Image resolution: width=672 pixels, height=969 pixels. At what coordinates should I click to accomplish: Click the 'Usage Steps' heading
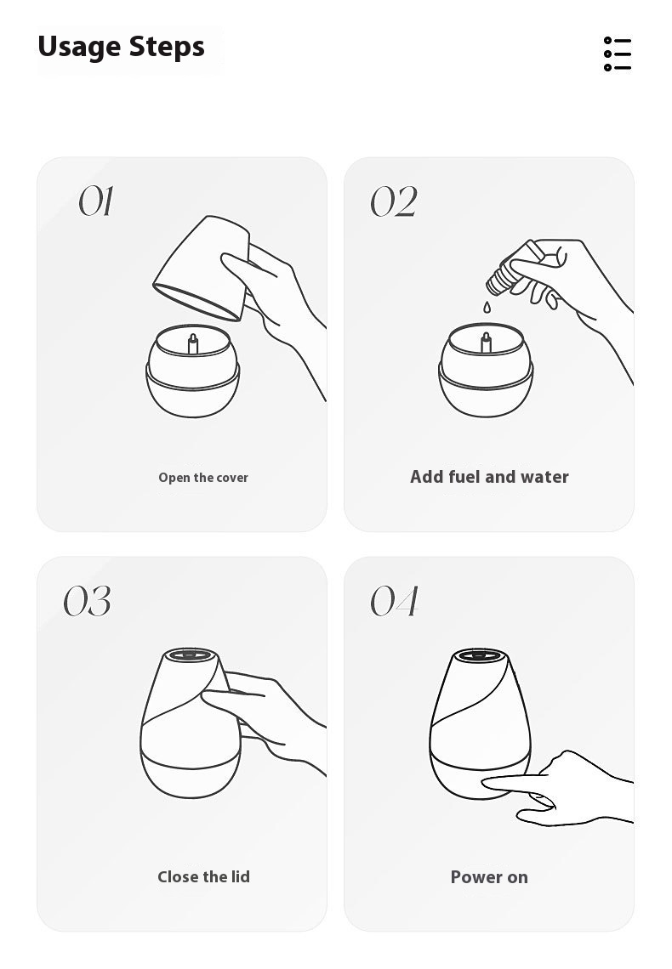(x=121, y=48)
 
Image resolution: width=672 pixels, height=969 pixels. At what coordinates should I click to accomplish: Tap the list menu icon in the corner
(x=617, y=54)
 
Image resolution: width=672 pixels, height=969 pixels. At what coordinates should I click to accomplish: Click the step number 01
(x=96, y=201)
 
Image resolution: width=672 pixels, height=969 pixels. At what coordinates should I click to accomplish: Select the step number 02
(x=393, y=201)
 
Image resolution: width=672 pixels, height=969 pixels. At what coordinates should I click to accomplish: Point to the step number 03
(x=87, y=601)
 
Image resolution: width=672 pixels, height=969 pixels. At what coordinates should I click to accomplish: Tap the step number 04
(x=395, y=601)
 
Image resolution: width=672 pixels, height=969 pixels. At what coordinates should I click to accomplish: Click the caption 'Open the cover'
(x=202, y=478)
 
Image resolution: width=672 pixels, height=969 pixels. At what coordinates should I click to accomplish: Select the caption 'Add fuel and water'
(x=489, y=477)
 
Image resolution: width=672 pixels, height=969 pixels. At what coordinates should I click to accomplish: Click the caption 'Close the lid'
(x=203, y=877)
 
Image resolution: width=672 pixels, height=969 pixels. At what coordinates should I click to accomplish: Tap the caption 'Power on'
(x=489, y=877)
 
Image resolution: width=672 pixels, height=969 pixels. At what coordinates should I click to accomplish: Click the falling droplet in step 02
(x=487, y=307)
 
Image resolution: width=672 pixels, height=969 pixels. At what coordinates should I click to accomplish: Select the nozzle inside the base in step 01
(x=193, y=344)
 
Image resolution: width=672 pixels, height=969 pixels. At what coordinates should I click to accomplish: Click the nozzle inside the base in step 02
(x=486, y=343)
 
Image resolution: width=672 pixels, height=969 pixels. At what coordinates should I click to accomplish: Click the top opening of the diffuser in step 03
(x=190, y=654)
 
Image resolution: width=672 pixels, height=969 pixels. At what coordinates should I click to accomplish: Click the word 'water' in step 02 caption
(x=544, y=477)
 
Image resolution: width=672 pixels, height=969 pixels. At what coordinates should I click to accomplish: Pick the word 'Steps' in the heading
(x=167, y=48)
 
